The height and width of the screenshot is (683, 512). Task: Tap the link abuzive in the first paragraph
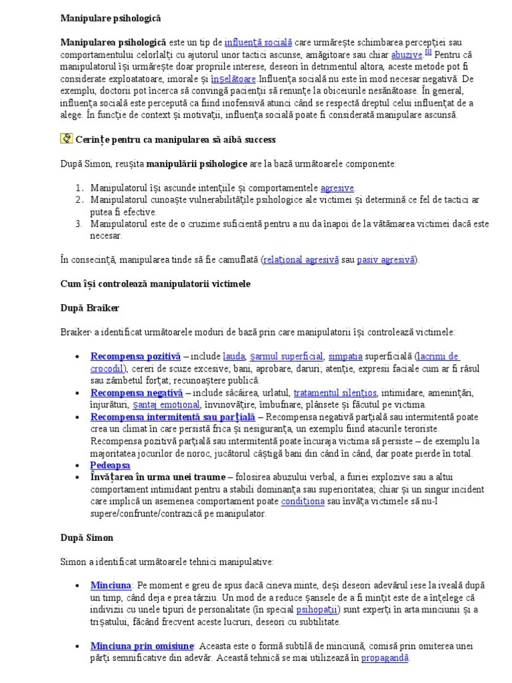(406, 55)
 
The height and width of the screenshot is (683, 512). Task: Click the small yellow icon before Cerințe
(66, 139)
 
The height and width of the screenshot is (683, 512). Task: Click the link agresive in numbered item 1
(337, 187)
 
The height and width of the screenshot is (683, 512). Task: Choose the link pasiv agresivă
(386, 259)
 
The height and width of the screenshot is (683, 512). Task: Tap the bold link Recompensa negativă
(137, 393)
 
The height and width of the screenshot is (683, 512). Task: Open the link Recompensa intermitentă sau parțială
(168, 417)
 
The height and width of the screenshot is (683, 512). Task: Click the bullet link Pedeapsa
(110, 465)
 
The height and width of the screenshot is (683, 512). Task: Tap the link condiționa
(303, 501)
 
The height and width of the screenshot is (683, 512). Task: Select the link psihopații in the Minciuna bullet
(318, 610)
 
